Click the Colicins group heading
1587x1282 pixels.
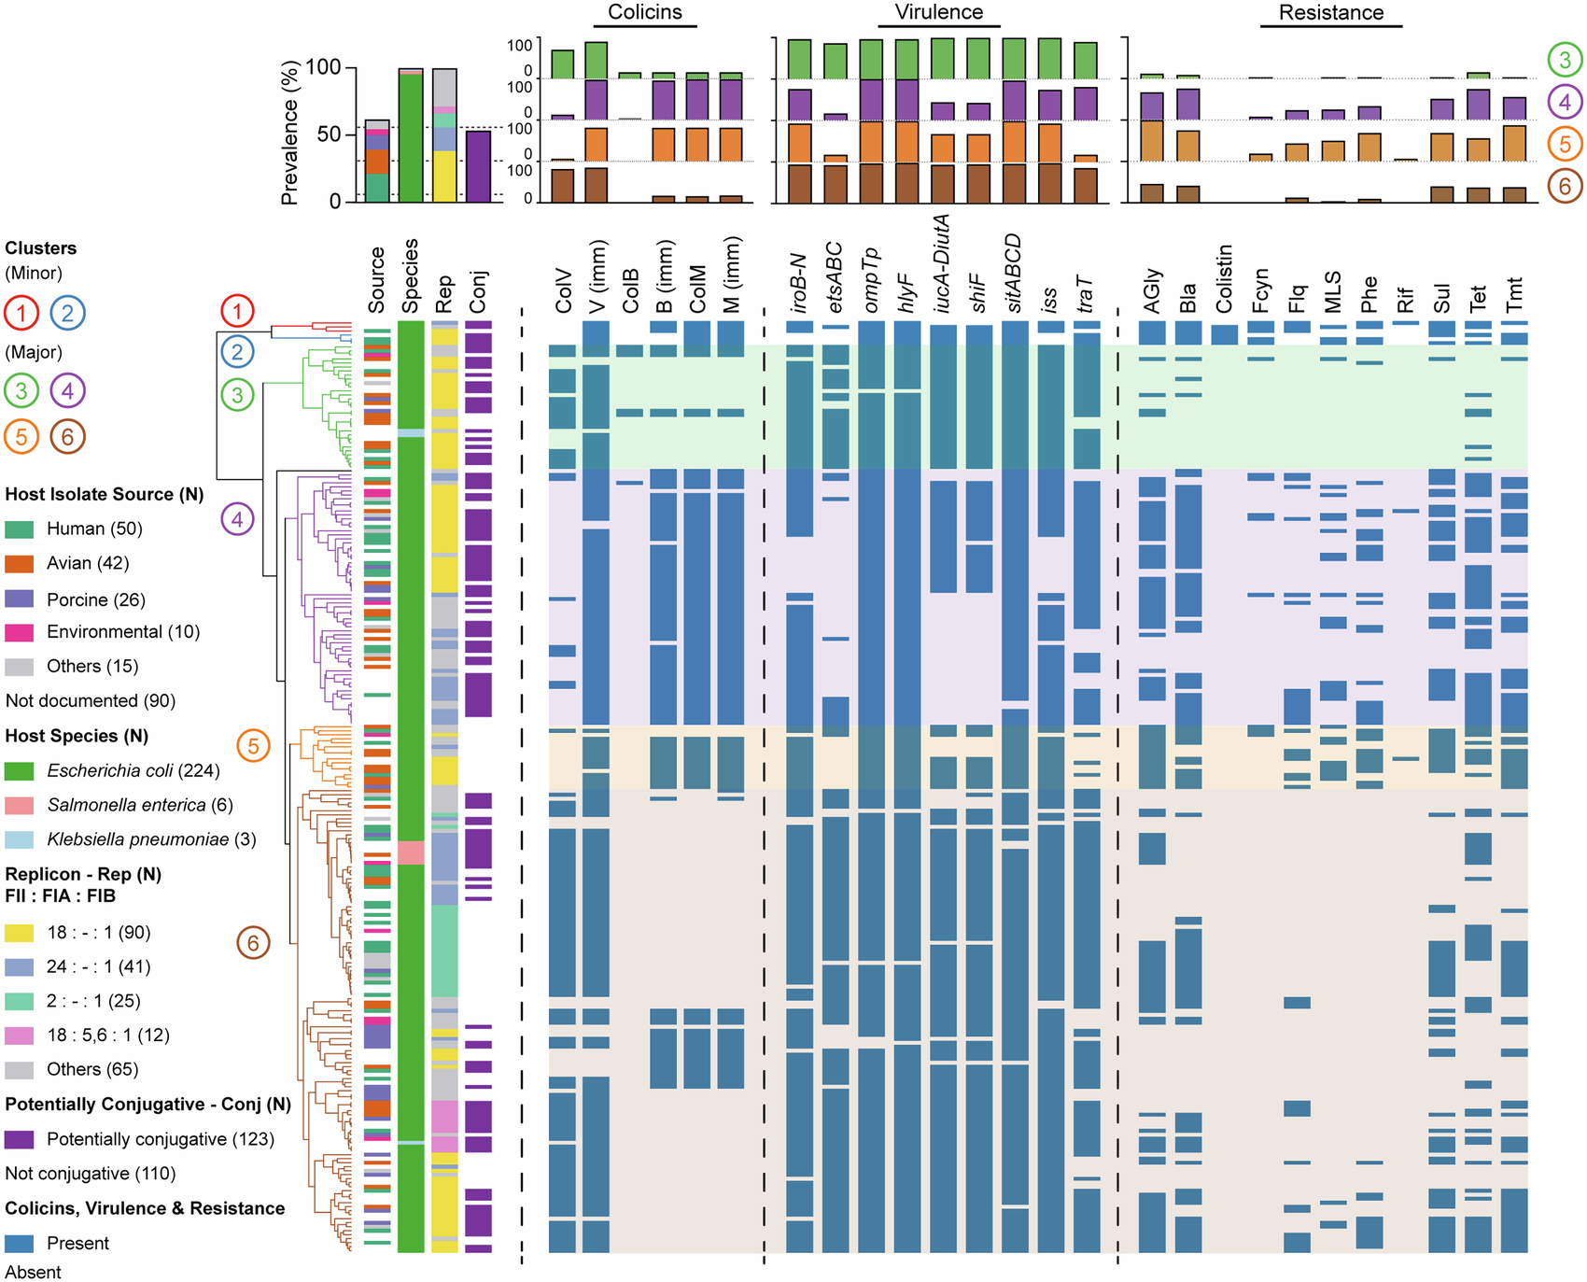(644, 12)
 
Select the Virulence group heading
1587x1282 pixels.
(938, 12)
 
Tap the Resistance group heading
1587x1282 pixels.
(1330, 13)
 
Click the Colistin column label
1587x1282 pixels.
(1225, 279)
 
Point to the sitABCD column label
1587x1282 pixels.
(1014, 275)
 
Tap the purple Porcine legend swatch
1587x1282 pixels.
(19, 599)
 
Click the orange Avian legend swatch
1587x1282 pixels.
(19, 563)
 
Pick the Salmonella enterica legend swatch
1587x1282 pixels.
(19, 805)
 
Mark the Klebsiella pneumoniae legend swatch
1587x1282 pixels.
(19, 839)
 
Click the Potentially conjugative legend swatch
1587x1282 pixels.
(19, 1139)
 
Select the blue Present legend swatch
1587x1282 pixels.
(19, 1243)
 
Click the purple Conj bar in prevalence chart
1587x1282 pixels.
(478, 166)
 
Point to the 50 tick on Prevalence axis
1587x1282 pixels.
(330, 134)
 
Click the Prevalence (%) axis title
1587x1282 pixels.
(289, 133)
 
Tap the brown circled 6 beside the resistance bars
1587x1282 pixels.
(1566, 186)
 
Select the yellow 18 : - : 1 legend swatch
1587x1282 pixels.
(19, 932)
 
